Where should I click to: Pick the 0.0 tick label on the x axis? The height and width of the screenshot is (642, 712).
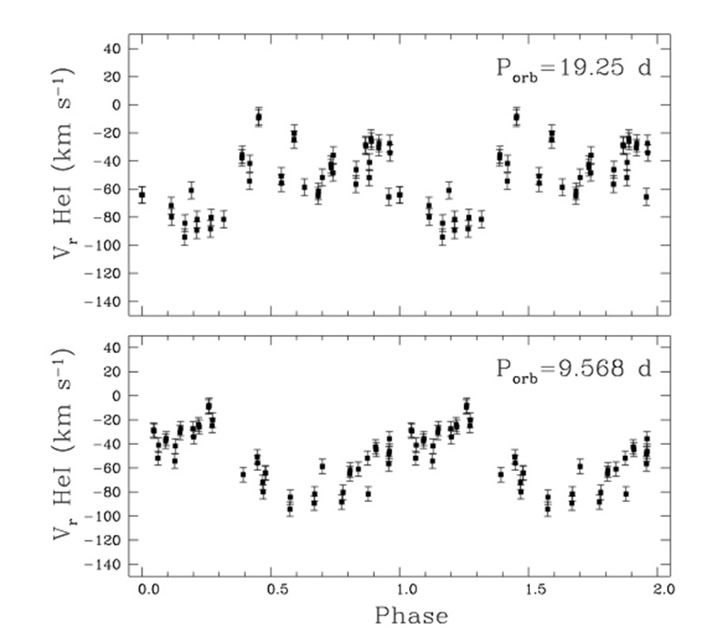coord(145,590)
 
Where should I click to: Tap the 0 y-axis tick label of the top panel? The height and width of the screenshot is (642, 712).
coord(114,104)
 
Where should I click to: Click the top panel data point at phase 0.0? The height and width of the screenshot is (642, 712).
coord(142,195)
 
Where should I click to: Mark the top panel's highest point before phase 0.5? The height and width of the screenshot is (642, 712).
coord(258,117)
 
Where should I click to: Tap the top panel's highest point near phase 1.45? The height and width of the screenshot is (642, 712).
coord(516,117)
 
